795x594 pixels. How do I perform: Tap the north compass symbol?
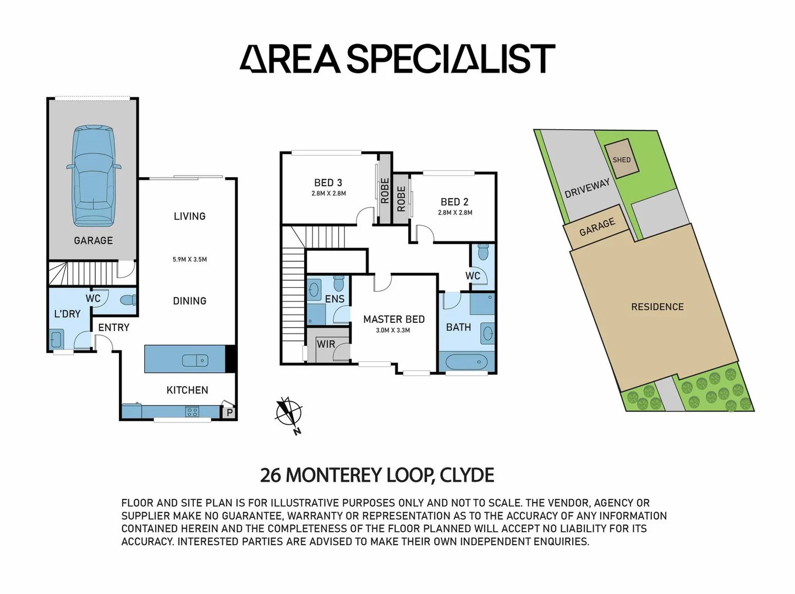[289, 412]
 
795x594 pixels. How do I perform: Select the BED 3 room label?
[328, 183]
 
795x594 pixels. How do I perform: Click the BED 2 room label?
[454, 202]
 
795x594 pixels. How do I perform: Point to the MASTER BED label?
[394, 319]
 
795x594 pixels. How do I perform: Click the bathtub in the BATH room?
[466, 362]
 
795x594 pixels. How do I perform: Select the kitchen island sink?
[195, 360]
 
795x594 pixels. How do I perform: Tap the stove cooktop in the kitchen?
[192, 411]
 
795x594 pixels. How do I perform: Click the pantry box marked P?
[229, 412]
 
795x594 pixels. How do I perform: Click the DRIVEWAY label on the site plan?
[587, 188]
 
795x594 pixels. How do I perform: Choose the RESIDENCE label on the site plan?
[657, 307]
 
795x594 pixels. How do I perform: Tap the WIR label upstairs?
[326, 344]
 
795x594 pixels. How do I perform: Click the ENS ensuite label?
[335, 299]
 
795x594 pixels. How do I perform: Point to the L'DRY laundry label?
[67, 313]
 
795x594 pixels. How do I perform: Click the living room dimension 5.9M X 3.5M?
[190, 259]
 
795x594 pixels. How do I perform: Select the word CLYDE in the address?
[467, 475]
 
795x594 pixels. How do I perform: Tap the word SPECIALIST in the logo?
[451, 59]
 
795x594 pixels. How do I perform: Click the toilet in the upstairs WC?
[483, 252]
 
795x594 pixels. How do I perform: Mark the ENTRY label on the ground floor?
[114, 327]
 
